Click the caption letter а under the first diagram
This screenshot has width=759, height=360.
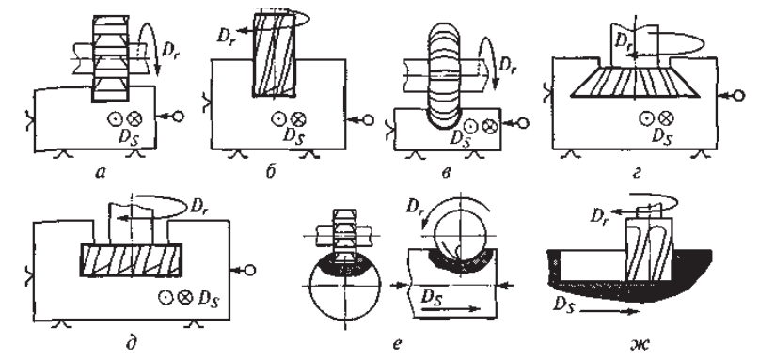(101, 172)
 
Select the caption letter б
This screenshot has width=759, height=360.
(270, 171)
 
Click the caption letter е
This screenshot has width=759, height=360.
(397, 344)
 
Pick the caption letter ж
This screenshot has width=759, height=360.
(640, 344)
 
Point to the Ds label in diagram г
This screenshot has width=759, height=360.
(662, 136)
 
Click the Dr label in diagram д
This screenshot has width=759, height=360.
(199, 206)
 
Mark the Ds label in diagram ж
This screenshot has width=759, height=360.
(563, 305)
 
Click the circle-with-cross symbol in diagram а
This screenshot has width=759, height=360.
(134, 118)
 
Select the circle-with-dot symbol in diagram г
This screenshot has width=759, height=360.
(646, 117)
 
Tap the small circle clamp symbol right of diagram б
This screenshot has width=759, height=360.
(368, 120)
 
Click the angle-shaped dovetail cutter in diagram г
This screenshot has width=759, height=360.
(635, 82)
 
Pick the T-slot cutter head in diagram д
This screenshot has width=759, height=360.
(131, 259)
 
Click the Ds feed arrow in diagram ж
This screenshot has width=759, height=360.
(609, 312)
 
